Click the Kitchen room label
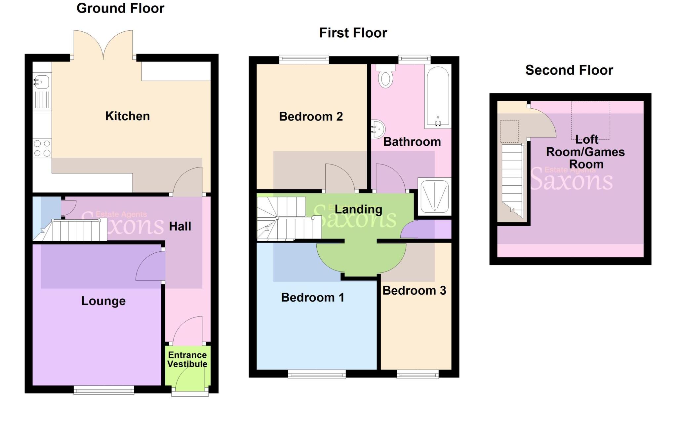coord(127,116)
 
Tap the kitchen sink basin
coord(42,81)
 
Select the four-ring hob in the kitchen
coord(42,148)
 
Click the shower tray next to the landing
coord(434,196)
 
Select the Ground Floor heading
coord(120,8)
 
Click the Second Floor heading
coord(569,70)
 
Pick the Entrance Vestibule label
coord(187,359)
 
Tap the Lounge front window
coord(104,390)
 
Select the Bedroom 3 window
coord(418,374)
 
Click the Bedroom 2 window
coord(304,59)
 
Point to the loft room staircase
coord(513,178)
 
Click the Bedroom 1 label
coord(312,298)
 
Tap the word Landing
coord(358,209)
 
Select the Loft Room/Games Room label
coord(585,152)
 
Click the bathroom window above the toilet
coord(414,59)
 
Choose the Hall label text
coord(180,227)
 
